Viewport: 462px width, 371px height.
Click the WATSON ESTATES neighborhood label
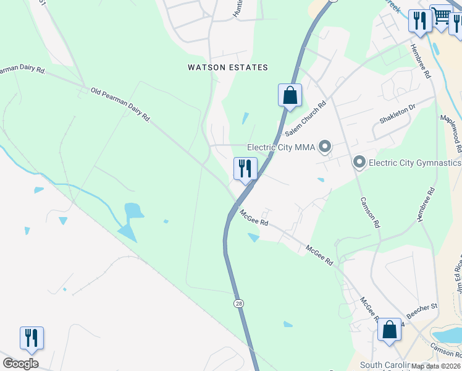[229, 67]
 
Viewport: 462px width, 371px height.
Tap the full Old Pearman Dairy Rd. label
[120, 103]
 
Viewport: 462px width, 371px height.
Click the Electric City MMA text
[281, 147]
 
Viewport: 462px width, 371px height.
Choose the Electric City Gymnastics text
[415, 163]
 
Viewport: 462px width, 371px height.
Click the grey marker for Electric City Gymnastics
[359, 163]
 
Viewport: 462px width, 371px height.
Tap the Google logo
[20, 364]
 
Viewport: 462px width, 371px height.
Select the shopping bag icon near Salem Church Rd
[290, 96]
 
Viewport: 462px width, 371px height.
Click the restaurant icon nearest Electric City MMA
[245, 169]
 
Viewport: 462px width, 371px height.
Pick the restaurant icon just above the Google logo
[31, 338]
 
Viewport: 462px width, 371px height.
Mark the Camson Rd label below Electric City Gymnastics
[370, 211]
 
